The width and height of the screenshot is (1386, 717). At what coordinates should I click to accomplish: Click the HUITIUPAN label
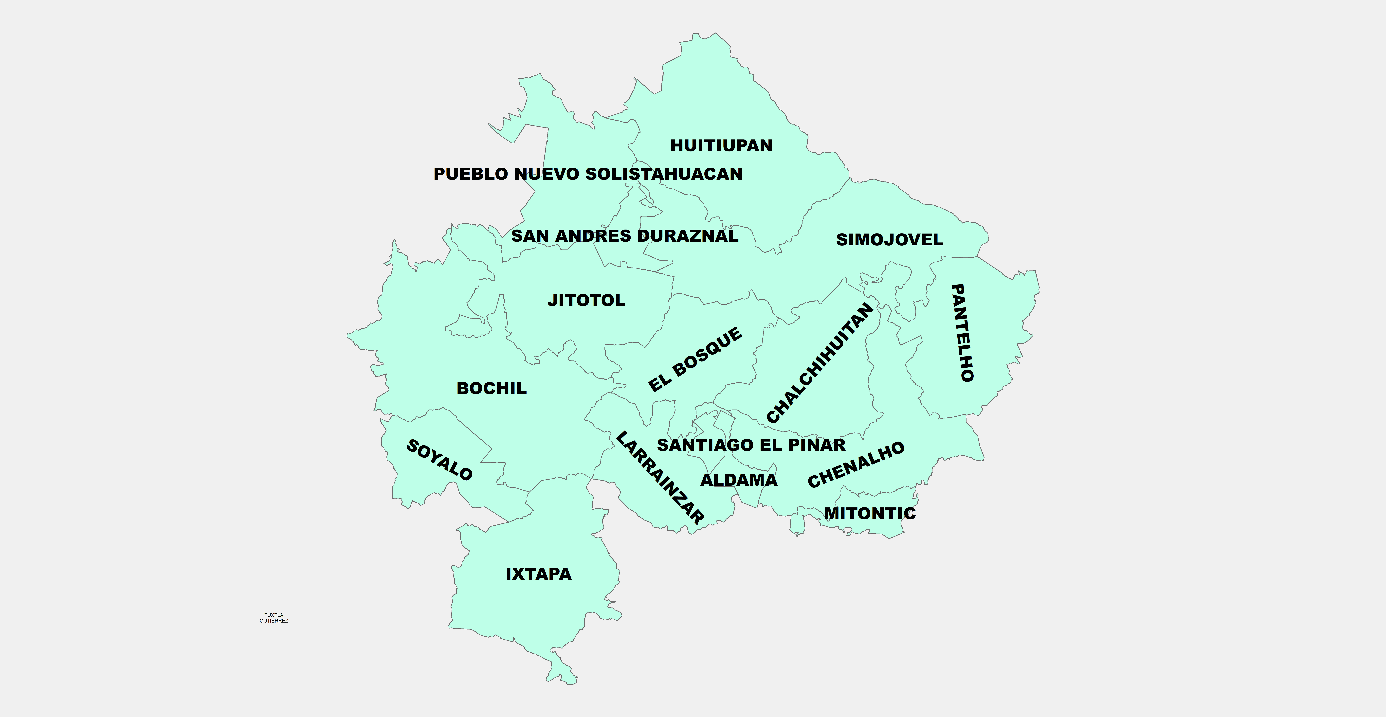(721, 145)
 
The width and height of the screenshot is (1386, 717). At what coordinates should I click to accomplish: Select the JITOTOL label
(586, 300)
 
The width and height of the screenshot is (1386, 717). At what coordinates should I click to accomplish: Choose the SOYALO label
(439, 460)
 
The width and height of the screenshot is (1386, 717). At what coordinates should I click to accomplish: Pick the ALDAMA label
(739, 480)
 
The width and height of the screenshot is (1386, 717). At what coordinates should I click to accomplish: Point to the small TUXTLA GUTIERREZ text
(274, 618)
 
